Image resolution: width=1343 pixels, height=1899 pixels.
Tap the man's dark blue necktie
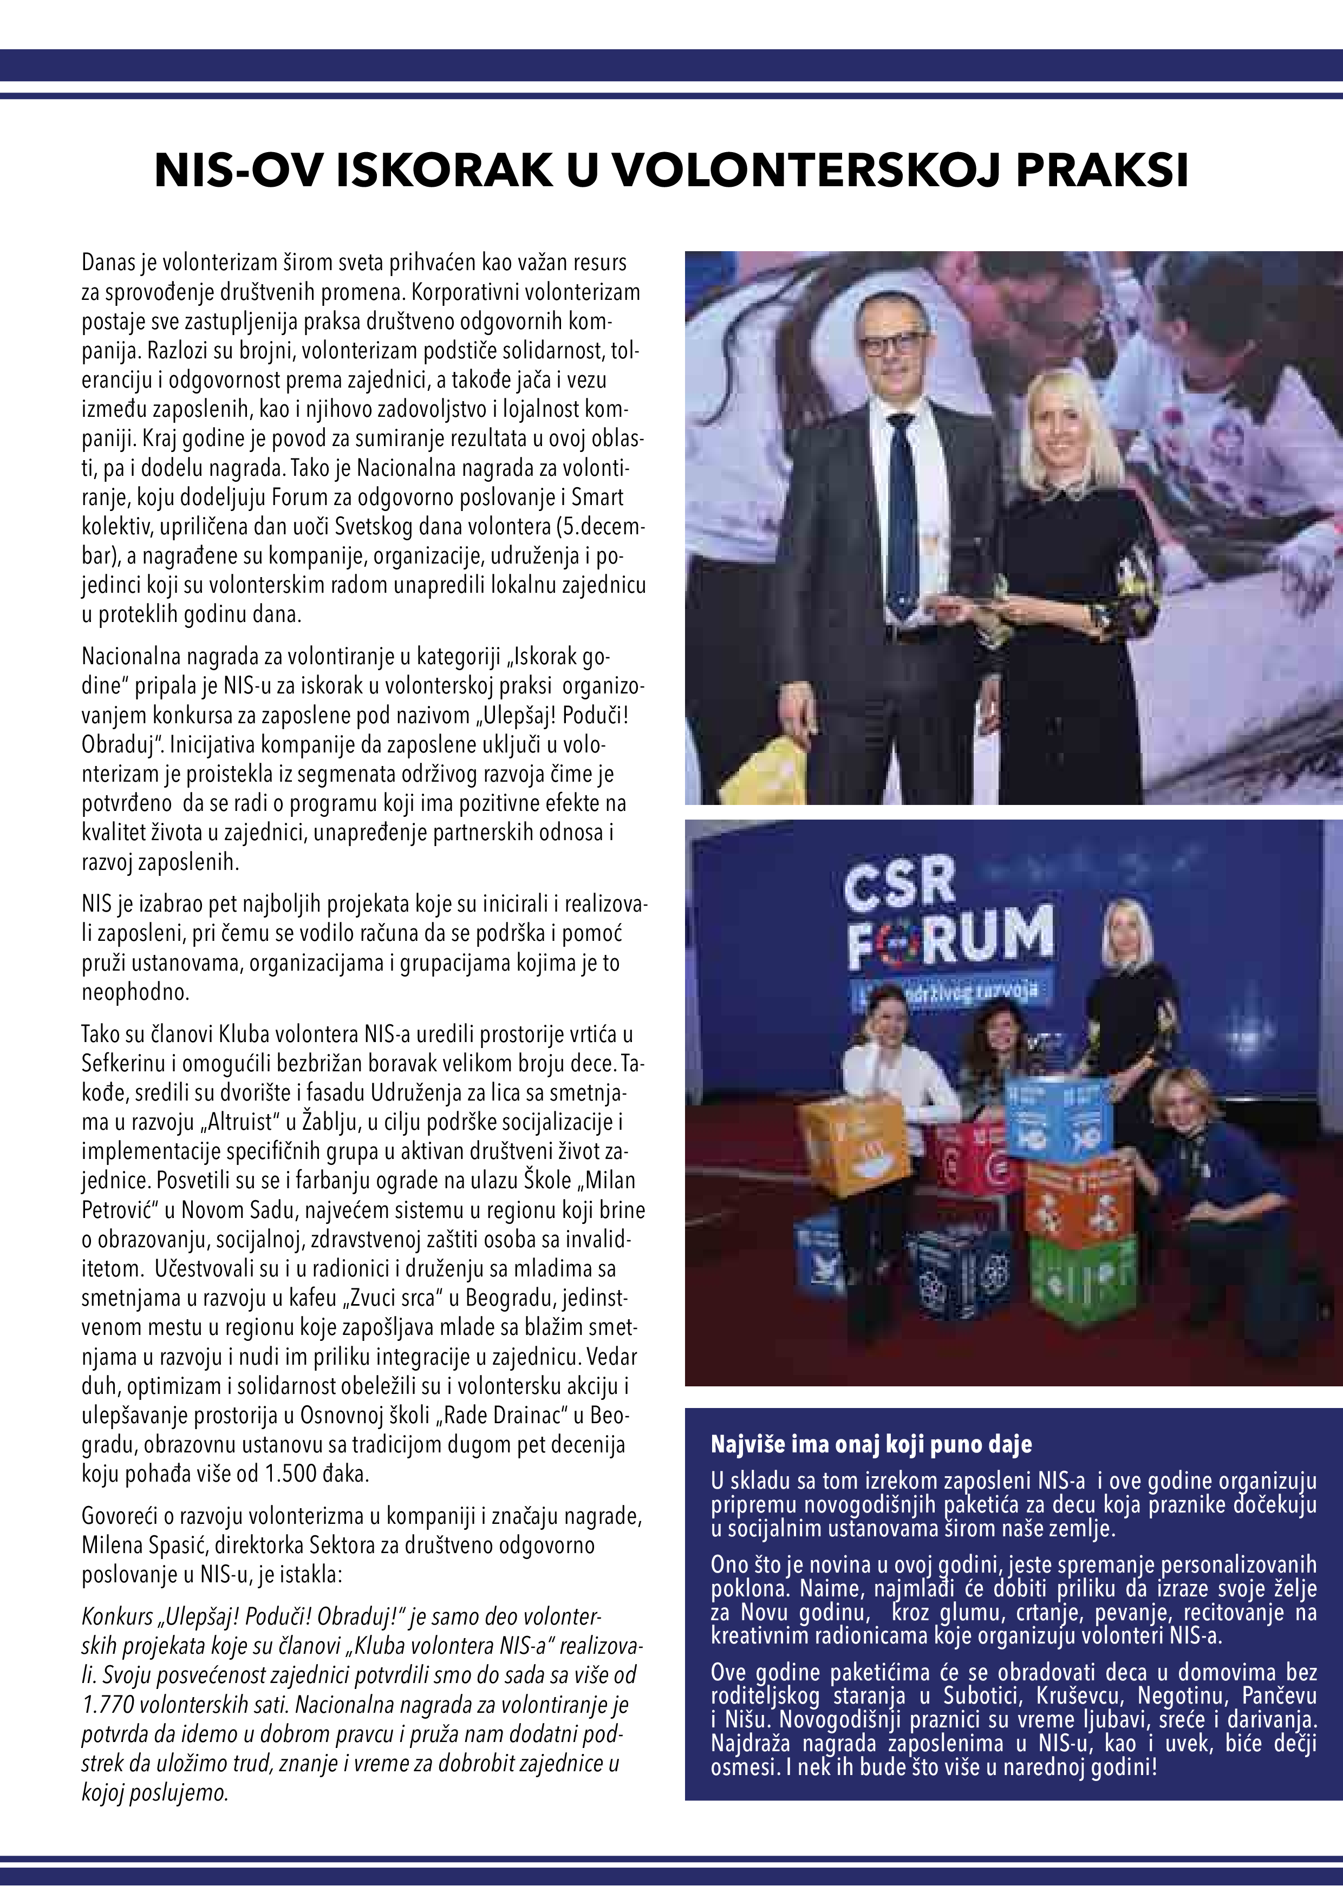pos(901,513)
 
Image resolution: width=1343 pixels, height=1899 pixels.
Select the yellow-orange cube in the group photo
pos(853,1145)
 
